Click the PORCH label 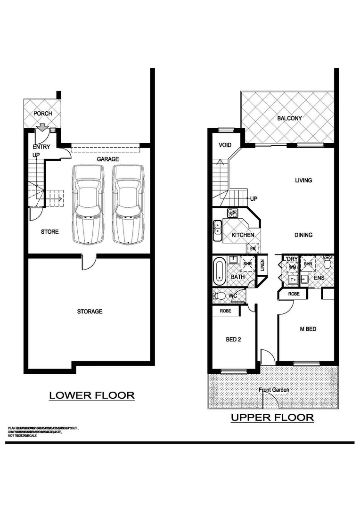(43, 114)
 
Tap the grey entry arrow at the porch (41, 127)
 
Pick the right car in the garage (128, 204)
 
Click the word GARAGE (108, 159)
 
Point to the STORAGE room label (90, 312)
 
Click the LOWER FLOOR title (92, 395)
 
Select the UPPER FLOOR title (272, 417)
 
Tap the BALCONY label (289, 118)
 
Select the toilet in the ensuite (328, 261)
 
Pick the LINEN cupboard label (262, 265)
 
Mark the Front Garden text (274, 390)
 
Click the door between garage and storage (90, 258)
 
